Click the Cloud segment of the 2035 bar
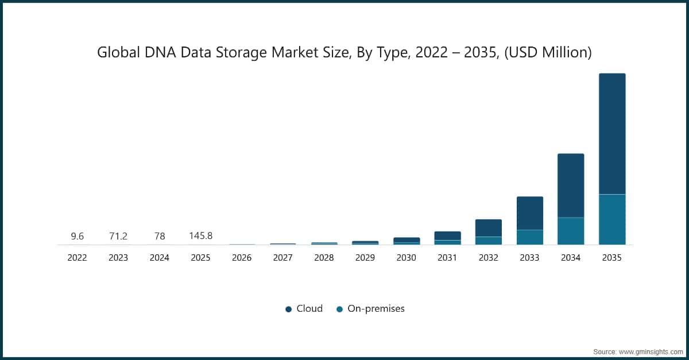612,133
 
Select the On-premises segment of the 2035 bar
612,219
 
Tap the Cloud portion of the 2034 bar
571,185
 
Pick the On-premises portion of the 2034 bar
571,231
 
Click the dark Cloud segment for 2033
529,213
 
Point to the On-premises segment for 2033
529,237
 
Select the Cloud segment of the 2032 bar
489,227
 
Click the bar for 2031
447,237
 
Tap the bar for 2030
406,241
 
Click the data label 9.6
77,236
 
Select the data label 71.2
118,236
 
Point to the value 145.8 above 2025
200,236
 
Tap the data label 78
159,236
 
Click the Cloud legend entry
304,308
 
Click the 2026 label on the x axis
242,258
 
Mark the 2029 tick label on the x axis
365,258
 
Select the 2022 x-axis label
77,258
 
